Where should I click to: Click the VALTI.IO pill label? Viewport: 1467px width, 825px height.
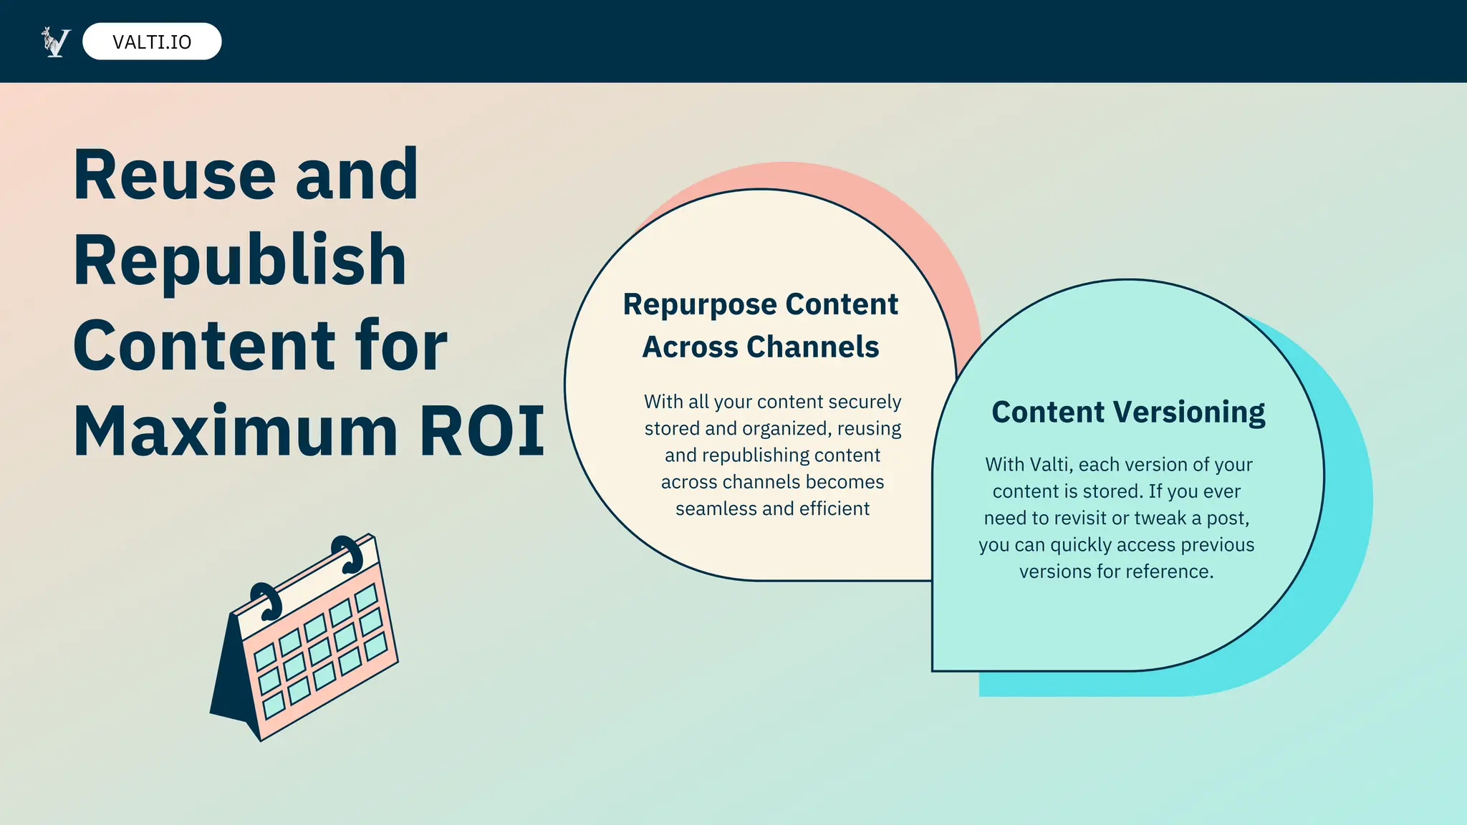pos(152,42)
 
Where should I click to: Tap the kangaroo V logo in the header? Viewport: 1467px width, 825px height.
pos(56,42)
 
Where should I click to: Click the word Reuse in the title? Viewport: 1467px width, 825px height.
pos(175,175)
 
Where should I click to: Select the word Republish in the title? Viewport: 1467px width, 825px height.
pos(240,261)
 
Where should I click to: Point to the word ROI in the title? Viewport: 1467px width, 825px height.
pos(482,431)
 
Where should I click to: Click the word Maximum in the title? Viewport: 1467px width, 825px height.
pos(236,431)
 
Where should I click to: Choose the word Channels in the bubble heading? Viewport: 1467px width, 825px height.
pos(812,347)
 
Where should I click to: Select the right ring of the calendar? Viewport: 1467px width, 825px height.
pos(349,553)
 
